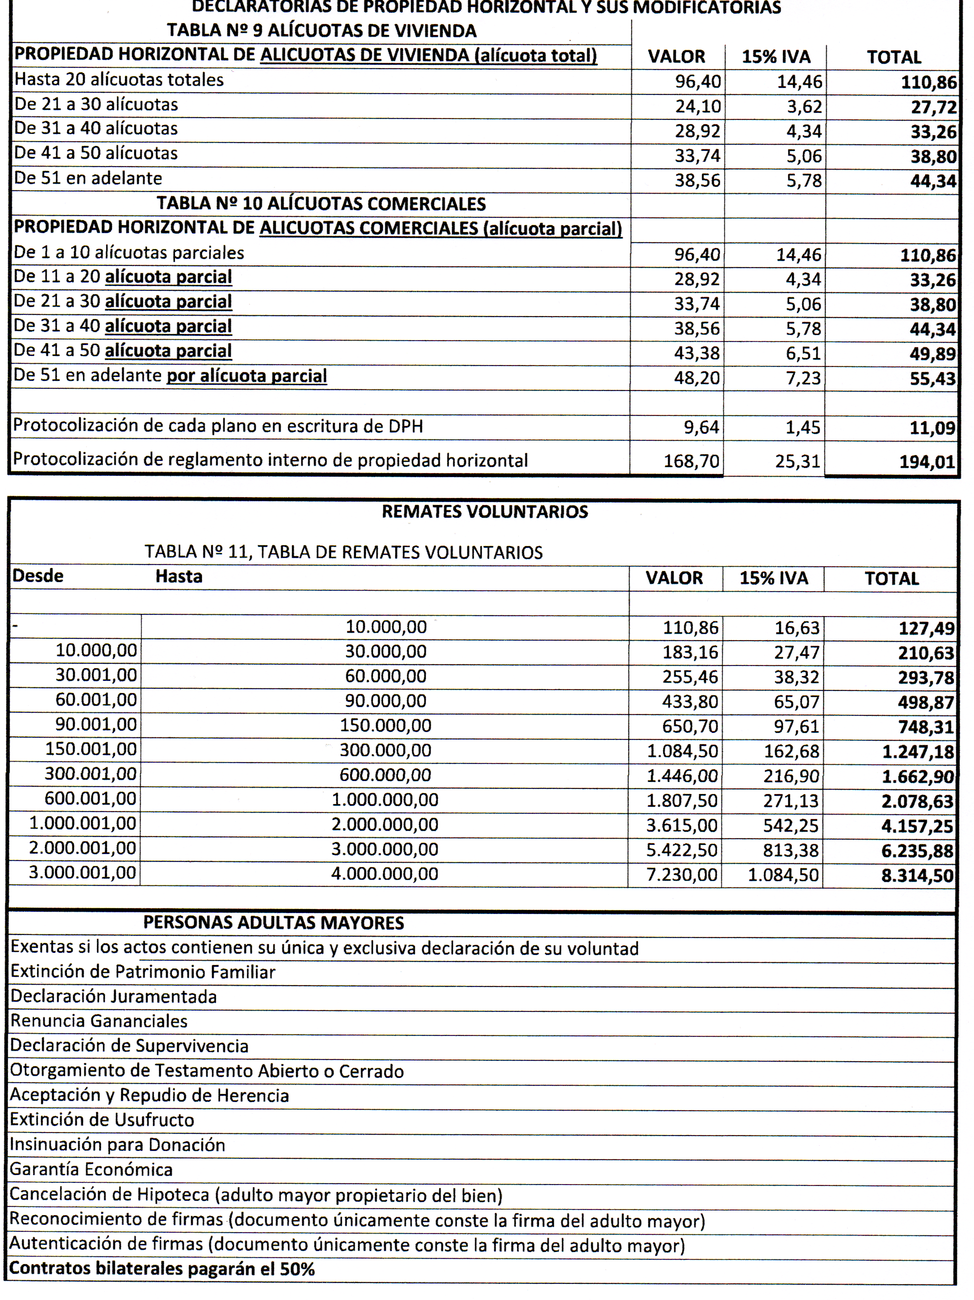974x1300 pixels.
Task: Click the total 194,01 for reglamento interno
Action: point(927,462)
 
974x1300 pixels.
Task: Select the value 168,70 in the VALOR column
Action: point(692,461)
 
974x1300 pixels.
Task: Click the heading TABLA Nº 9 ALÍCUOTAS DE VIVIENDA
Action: point(321,31)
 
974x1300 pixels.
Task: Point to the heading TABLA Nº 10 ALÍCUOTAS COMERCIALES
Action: point(321,203)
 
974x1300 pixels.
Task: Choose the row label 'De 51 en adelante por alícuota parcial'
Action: point(170,376)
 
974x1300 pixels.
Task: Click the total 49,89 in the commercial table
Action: point(933,354)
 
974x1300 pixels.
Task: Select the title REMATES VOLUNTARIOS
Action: point(485,511)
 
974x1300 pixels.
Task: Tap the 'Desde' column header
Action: point(38,576)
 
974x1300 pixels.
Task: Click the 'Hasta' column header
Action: point(179,576)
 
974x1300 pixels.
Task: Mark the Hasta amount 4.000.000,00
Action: point(385,874)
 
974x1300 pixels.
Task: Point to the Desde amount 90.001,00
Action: point(96,725)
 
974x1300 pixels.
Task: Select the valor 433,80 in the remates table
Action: point(690,702)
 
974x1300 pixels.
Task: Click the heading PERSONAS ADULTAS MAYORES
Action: point(273,923)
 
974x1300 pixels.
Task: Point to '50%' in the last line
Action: point(297,1269)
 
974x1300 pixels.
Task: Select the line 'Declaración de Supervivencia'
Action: point(129,1046)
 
